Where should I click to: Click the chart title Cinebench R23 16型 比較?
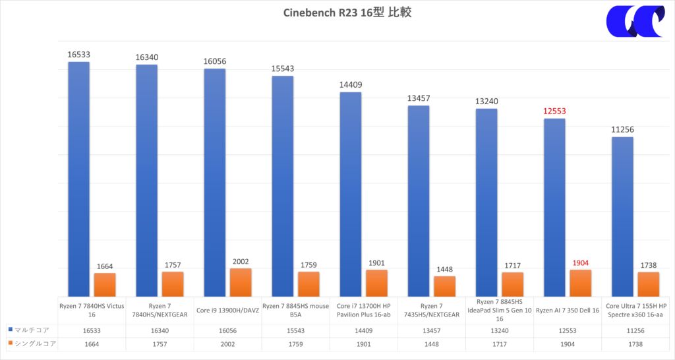pyautogui.click(x=337, y=13)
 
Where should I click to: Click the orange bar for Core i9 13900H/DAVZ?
pyautogui.click(x=241, y=282)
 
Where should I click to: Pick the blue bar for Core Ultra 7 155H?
pyautogui.click(x=622, y=217)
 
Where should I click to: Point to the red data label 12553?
pyautogui.click(x=554, y=111)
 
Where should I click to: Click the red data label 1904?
pyautogui.click(x=580, y=262)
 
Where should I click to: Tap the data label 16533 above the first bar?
pyautogui.click(x=78, y=55)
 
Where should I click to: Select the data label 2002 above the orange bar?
pyautogui.click(x=241, y=261)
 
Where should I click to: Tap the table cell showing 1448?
pyautogui.click(x=432, y=344)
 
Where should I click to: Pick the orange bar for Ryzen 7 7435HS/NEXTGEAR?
pyautogui.click(x=445, y=286)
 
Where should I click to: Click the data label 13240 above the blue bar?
pyautogui.click(x=486, y=102)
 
